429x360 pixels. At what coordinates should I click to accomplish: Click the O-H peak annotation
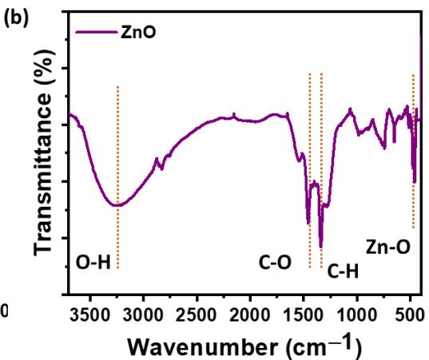tap(93, 263)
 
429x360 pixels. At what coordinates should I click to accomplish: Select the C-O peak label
tap(275, 263)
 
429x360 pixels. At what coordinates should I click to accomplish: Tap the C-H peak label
tap(343, 271)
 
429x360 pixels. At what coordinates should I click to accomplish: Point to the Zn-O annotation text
tap(388, 247)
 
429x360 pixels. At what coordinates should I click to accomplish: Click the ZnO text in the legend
tap(138, 32)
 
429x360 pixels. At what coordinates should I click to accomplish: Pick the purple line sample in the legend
tap(96, 32)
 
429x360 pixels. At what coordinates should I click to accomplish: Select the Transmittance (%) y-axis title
tap(44, 152)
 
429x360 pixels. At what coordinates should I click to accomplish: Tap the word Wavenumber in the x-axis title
tap(202, 347)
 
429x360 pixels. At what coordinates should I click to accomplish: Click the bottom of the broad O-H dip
tap(117, 205)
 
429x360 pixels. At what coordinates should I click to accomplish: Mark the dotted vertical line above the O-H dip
tap(118, 177)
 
